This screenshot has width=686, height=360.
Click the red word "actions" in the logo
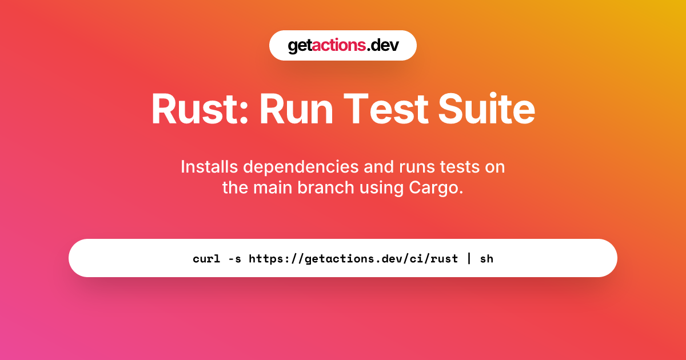pos(338,45)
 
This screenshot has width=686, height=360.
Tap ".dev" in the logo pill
pos(382,45)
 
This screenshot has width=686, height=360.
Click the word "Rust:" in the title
pos(200,109)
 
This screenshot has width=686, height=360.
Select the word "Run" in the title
pos(296,109)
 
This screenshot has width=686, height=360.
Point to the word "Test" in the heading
pos(386,109)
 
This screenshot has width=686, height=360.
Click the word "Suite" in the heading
pos(486,109)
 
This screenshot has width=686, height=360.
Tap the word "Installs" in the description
pos(209,167)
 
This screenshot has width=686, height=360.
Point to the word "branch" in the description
pos(326,187)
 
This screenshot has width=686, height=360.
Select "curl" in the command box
pos(206,259)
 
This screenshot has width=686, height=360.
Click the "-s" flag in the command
pos(234,259)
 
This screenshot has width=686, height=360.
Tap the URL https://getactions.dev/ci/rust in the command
pos(353,259)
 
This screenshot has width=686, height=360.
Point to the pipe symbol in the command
pos(469,259)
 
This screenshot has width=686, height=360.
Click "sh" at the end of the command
pos(486,259)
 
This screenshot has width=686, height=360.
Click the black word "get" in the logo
pos(300,46)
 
